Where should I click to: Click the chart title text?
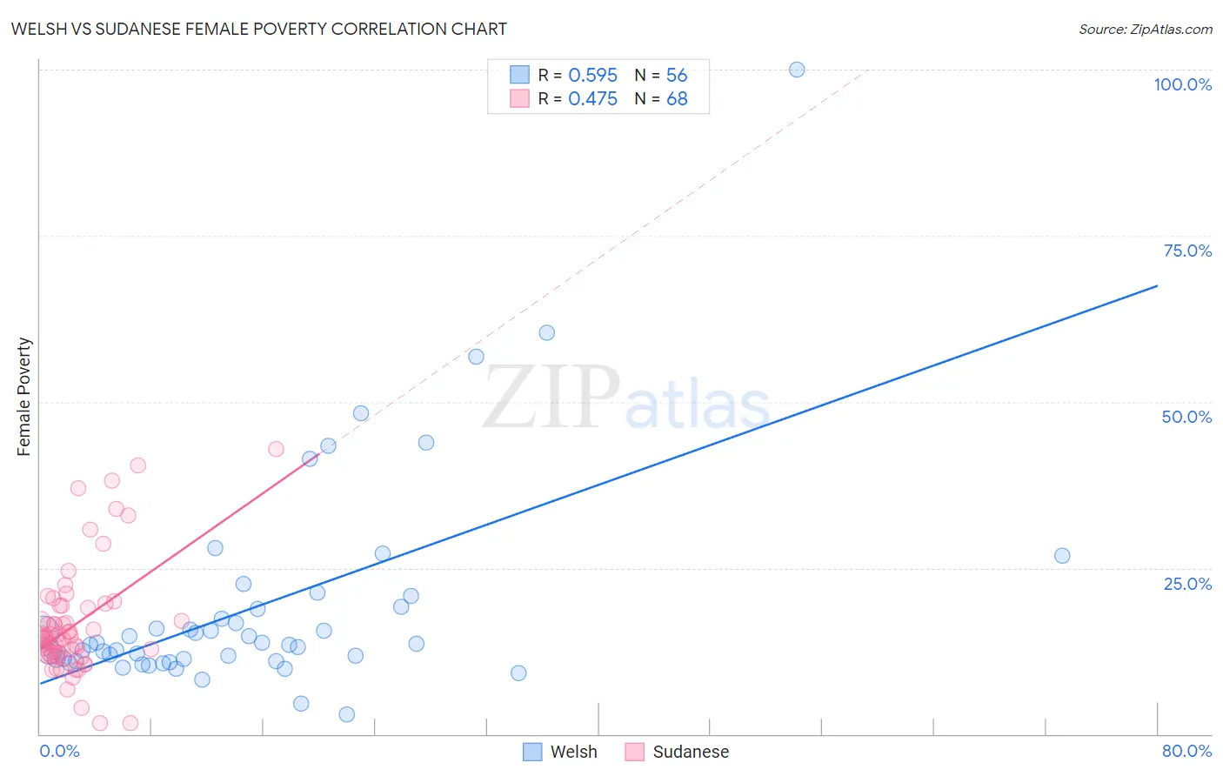tap(258, 29)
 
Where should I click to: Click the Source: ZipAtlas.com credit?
tap(1145, 29)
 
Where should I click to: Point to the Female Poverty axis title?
tap(24, 397)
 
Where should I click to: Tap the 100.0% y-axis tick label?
tap(1182, 84)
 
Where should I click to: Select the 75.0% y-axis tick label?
tap(1187, 251)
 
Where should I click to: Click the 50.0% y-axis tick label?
tap(1186, 417)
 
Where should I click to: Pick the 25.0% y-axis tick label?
tap(1187, 584)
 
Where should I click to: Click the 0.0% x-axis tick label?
tap(59, 751)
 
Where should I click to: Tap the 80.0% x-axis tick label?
tap(1186, 751)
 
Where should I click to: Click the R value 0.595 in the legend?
tap(592, 76)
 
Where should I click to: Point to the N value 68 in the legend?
tap(677, 99)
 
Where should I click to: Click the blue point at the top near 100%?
tap(797, 70)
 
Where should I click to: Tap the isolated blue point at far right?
tap(1062, 556)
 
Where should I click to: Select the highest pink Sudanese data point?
tap(276, 449)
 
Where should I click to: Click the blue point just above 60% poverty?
tap(546, 332)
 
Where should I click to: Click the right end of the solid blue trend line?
tap(1157, 285)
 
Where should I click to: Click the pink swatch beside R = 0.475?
tap(519, 98)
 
